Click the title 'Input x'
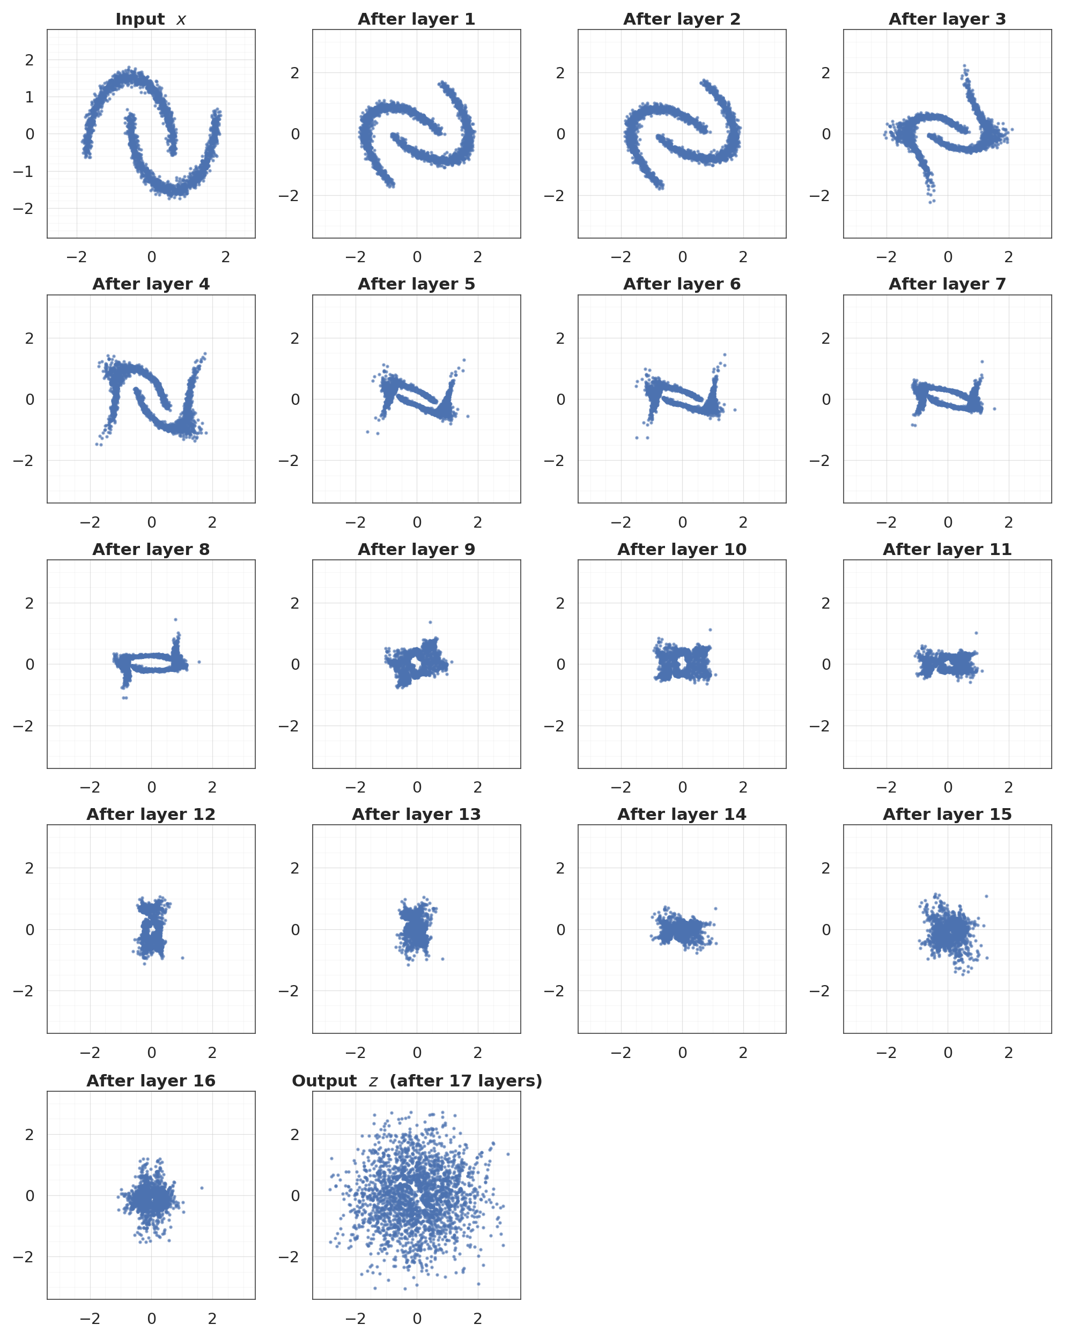(151, 19)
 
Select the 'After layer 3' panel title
(947, 19)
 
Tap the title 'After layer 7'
(947, 284)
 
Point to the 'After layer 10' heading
(682, 550)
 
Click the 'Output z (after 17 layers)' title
(416, 1081)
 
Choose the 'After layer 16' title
(151, 1081)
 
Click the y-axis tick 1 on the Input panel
(29, 97)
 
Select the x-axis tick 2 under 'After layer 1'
(477, 257)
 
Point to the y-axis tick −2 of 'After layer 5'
(290, 461)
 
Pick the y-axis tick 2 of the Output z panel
(295, 1135)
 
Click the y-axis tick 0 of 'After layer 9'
(295, 664)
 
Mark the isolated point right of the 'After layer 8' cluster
(199, 662)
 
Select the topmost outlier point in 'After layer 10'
(710, 630)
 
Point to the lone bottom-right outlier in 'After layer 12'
(182, 958)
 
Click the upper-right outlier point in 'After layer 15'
(986, 896)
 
